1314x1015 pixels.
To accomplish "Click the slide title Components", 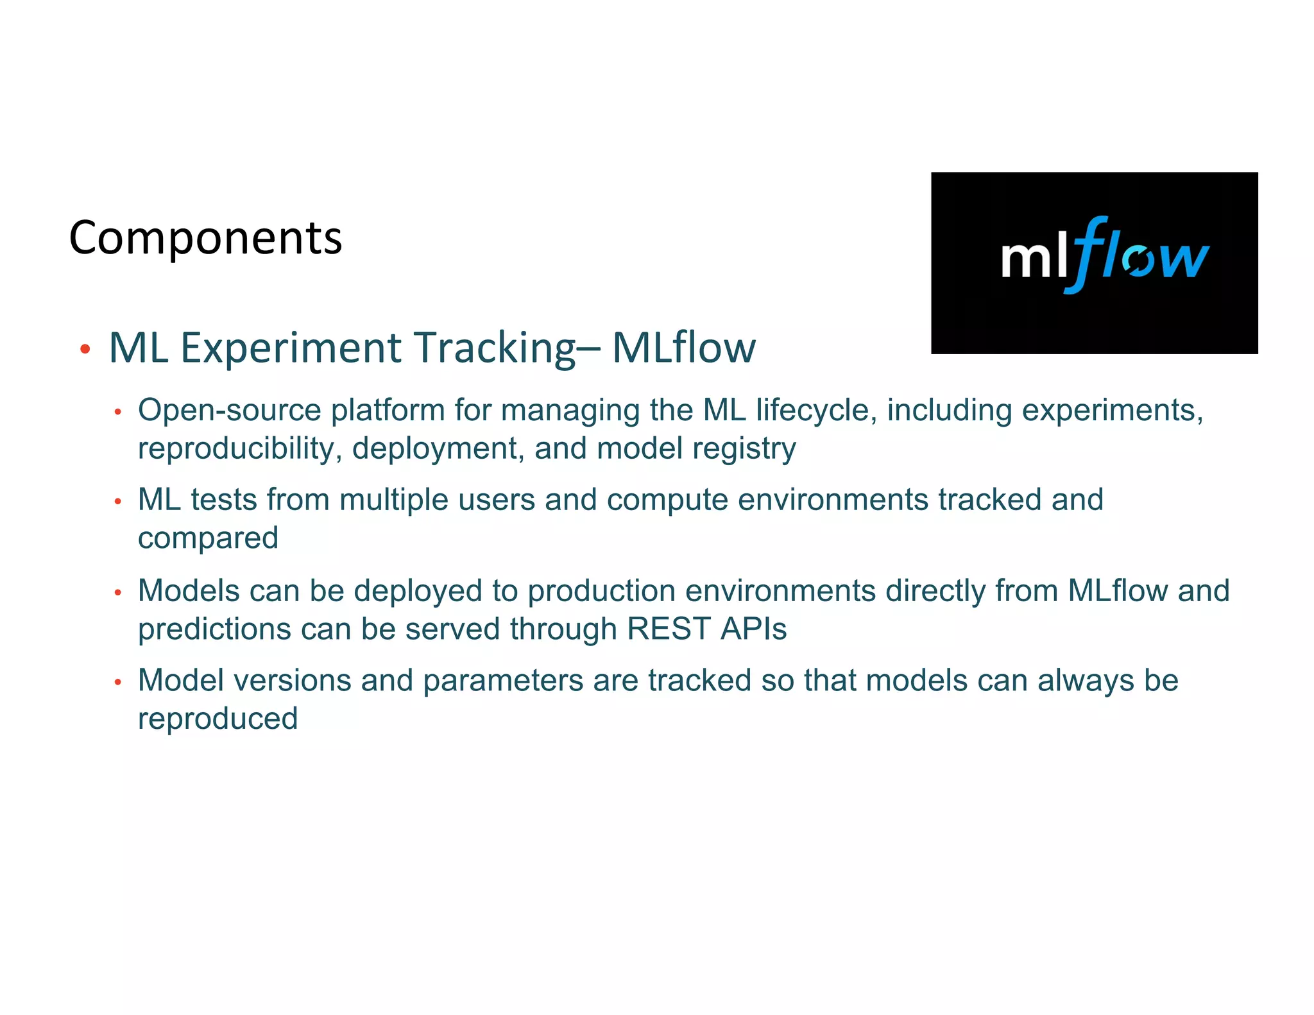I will (205, 238).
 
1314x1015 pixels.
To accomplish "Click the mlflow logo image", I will (1094, 262).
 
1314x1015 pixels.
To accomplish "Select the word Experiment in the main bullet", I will (290, 348).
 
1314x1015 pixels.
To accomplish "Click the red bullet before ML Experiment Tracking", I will (85, 350).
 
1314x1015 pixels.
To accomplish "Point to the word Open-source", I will (229, 411).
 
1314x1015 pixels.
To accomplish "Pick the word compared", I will (208, 538).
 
